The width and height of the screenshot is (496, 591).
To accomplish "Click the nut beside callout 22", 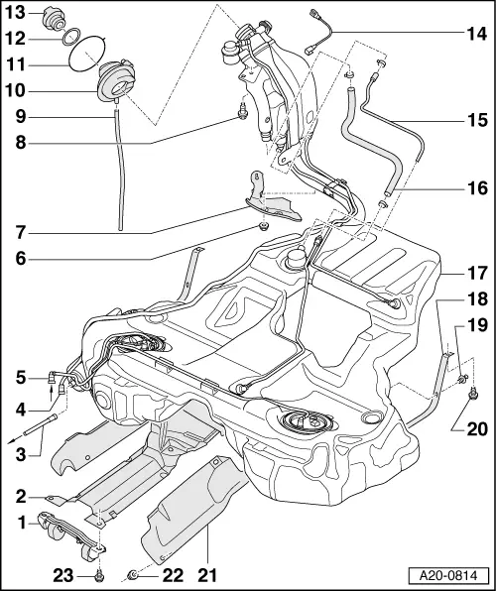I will point(132,573).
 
